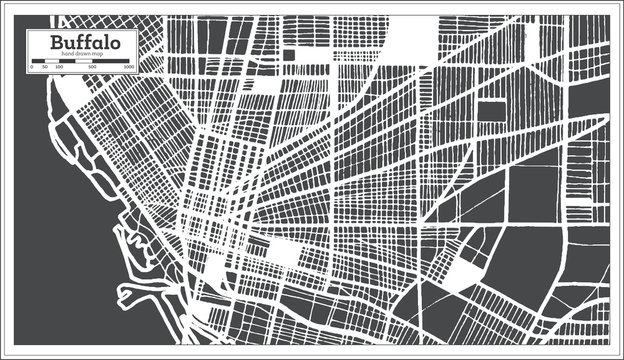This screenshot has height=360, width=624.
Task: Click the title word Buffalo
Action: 84,42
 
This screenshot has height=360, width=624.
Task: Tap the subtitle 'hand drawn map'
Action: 84,54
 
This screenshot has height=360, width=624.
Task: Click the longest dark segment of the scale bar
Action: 112,62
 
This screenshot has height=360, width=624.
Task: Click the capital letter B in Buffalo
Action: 58,42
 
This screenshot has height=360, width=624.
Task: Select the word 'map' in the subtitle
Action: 99,54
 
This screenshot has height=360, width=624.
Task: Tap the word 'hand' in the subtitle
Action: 69,54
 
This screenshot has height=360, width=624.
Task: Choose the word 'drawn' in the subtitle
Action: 84,54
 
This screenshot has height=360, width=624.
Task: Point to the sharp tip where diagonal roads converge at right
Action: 606,121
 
